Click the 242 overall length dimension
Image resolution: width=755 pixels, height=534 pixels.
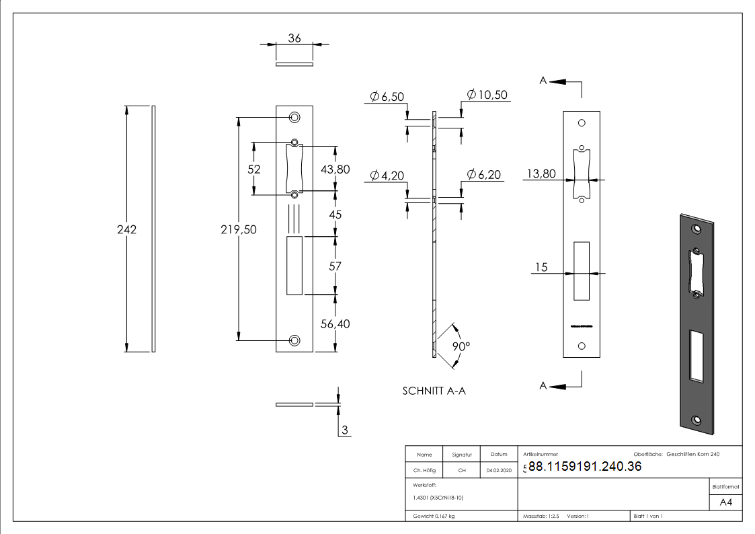coord(126,229)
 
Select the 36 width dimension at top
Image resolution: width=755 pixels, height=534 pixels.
coord(294,39)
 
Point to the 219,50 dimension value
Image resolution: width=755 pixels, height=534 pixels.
coord(239,229)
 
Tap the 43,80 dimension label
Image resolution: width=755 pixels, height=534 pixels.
coord(335,169)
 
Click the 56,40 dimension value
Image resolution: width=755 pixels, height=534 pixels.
coord(335,323)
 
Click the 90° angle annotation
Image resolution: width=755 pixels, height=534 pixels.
coord(461,346)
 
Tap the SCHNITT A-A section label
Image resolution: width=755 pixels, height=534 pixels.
coord(434,391)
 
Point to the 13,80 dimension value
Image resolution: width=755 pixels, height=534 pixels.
coord(541,174)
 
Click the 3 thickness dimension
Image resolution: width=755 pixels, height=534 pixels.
coord(345,431)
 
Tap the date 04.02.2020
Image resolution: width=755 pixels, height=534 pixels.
coord(498,471)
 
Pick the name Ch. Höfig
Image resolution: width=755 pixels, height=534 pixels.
coord(424,471)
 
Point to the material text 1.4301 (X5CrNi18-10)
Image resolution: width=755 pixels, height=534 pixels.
coord(438,498)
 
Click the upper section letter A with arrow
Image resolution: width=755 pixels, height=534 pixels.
coord(543,81)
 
